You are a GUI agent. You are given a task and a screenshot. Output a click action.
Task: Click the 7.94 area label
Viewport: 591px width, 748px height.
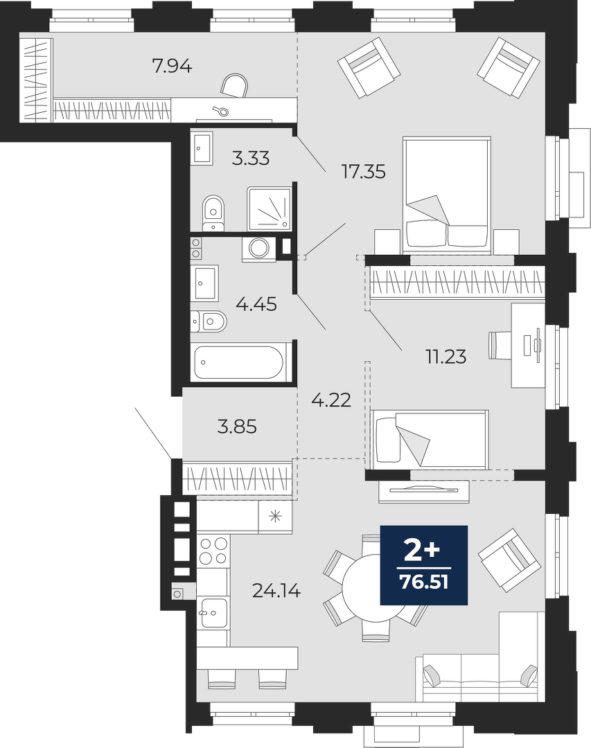coord(172,66)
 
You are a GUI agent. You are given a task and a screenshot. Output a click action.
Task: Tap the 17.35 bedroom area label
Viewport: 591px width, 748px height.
coord(364,171)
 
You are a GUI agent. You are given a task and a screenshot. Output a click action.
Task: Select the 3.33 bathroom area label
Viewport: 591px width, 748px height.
coord(251,158)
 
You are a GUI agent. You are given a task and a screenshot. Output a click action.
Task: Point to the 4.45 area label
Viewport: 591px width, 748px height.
coord(257,304)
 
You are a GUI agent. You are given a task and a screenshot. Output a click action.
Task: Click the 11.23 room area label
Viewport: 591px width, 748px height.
coord(446,357)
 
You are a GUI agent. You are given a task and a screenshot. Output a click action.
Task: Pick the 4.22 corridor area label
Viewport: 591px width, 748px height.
coord(331,400)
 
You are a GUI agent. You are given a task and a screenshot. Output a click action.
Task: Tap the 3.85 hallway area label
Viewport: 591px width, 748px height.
coord(237,427)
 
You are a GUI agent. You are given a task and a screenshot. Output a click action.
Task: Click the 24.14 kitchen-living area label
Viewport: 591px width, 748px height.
coord(276,591)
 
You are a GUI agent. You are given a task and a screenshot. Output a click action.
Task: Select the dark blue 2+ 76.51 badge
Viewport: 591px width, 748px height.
coord(424,565)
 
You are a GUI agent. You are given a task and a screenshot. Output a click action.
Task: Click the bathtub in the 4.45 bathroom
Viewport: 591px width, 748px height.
coord(239,362)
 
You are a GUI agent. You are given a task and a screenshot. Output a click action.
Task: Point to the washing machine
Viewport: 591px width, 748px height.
coord(260,249)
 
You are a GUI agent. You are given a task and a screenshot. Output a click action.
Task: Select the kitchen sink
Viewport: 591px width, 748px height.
coord(213,612)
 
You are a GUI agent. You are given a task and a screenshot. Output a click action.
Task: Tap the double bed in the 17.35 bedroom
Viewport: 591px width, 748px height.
coord(447,195)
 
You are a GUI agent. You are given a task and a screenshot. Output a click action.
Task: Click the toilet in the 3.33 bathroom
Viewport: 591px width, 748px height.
coord(213,213)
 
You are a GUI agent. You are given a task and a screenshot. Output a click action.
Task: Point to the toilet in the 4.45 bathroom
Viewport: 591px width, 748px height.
coord(209,321)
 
